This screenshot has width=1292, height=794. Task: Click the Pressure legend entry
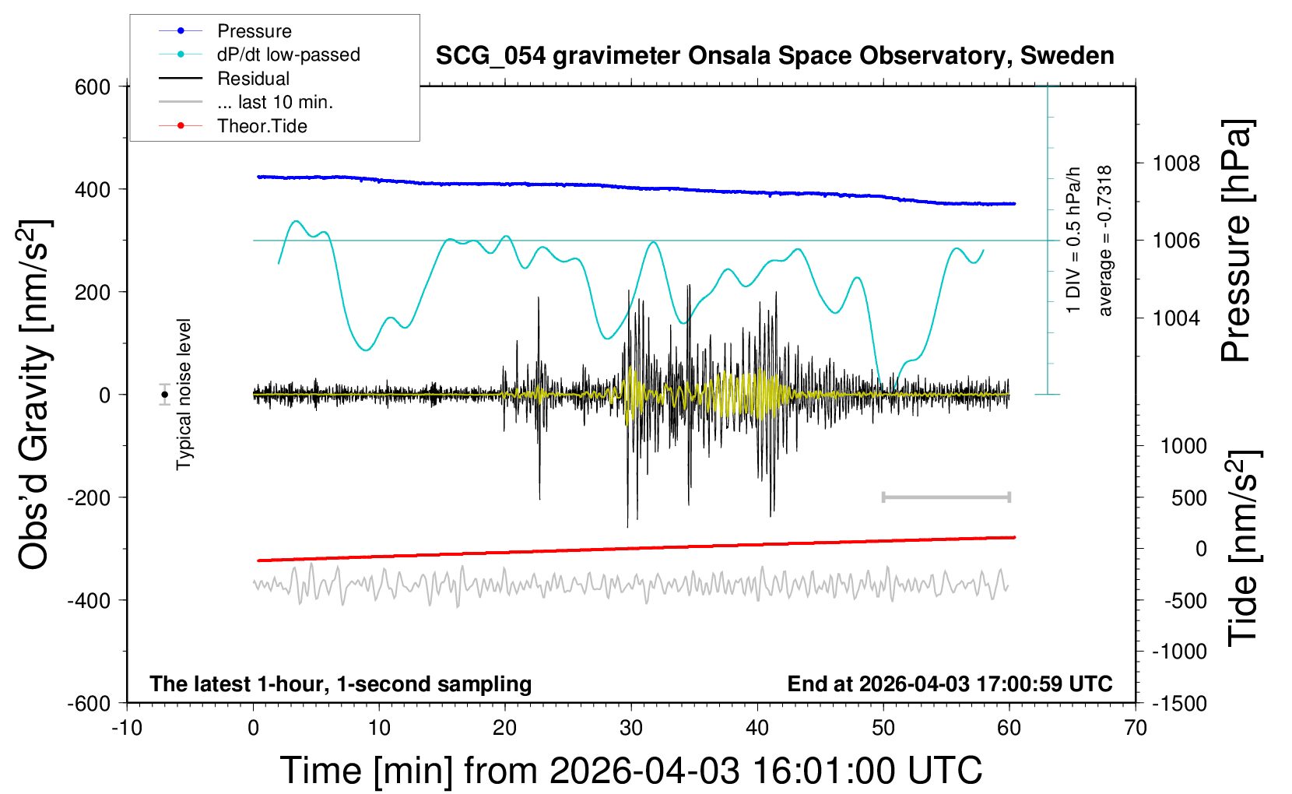[x=254, y=31]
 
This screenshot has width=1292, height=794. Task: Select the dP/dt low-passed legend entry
[x=288, y=54]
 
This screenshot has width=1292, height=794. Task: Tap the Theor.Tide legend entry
[x=262, y=126]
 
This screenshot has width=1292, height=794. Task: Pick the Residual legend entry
[x=253, y=79]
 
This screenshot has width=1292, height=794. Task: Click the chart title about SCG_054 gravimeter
[x=774, y=56]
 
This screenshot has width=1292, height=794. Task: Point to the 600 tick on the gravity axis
[x=93, y=87]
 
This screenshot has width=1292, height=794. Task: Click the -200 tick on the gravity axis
[x=89, y=497]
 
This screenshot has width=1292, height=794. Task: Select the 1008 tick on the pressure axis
[x=1176, y=163]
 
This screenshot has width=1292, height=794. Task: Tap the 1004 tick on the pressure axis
[x=1176, y=318]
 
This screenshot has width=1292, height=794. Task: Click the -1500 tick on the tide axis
[x=1179, y=704]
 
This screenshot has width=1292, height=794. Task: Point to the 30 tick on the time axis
[x=631, y=729]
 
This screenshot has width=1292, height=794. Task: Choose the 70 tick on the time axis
[x=1136, y=729]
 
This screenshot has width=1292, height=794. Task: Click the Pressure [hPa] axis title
[x=1236, y=241]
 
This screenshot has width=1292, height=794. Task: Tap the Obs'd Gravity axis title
[x=35, y=395]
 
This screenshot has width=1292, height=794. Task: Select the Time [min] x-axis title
[x=630, y=771]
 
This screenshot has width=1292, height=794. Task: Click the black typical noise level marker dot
[x=165, y=395]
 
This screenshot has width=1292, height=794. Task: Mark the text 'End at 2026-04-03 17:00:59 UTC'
[x=950, y=684]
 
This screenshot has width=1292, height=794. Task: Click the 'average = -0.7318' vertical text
[x=1104, y=241]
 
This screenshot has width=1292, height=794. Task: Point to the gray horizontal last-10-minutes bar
[x=946, y=497]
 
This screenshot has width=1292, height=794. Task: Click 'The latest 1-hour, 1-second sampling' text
[x=341, y=684]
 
